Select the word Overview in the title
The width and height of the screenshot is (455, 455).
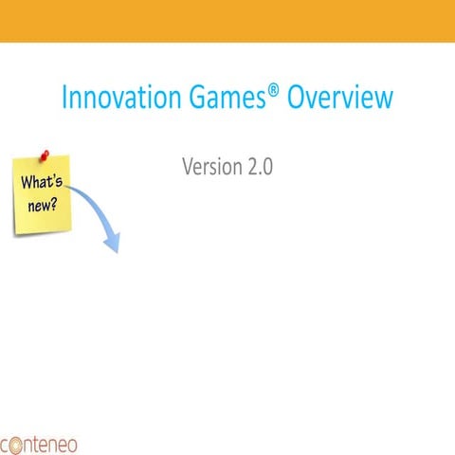[x=338, y=99]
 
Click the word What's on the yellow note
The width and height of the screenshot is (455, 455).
[x=42, y=183]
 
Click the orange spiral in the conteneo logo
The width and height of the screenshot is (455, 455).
[x=6, y=444]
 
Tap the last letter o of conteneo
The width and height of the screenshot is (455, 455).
[x=72, y=444]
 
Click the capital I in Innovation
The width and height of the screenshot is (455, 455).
[x=64, y=99]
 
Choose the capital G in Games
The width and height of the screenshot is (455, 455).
[x=195, y=99]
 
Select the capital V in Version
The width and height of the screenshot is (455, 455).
[x=188, y=167]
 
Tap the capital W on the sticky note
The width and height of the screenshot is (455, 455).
[x=28, y=182]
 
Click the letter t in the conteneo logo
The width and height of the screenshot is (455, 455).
[x=42, y=443]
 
